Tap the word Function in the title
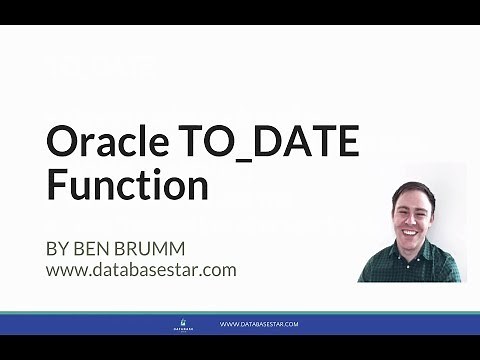pos(127,187)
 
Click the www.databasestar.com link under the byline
pos(140,269)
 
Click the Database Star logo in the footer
pos(180,324)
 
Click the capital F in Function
pos(57,187)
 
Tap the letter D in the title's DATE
pos(264,144)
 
